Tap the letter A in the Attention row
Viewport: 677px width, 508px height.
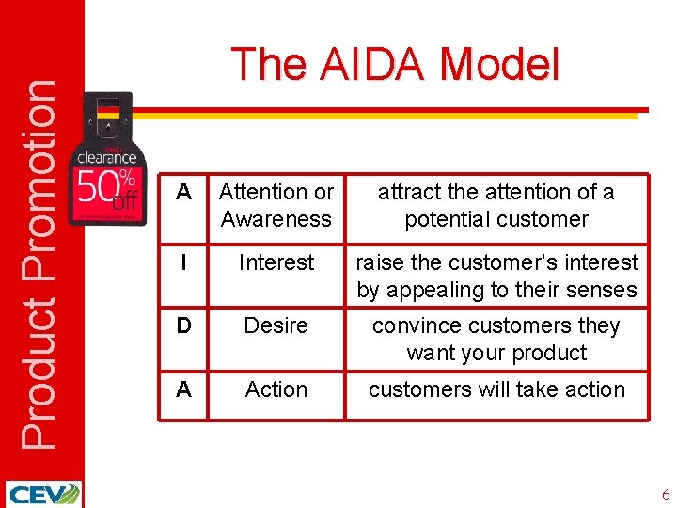184,192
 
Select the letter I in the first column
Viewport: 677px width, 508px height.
184,262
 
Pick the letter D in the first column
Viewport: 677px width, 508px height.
184,325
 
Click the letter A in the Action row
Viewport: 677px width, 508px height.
184,389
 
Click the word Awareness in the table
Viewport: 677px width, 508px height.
276,219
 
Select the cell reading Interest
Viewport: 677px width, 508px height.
276,262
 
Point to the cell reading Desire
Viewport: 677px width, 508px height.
276,325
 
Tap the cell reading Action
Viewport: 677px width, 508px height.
276,389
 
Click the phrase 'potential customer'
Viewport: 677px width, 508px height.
496,219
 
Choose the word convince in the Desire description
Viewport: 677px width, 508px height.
416,325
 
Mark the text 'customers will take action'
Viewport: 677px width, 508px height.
496,389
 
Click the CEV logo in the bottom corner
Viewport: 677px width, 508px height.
43,494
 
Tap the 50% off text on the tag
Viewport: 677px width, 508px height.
105,189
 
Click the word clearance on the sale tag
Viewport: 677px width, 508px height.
106,157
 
